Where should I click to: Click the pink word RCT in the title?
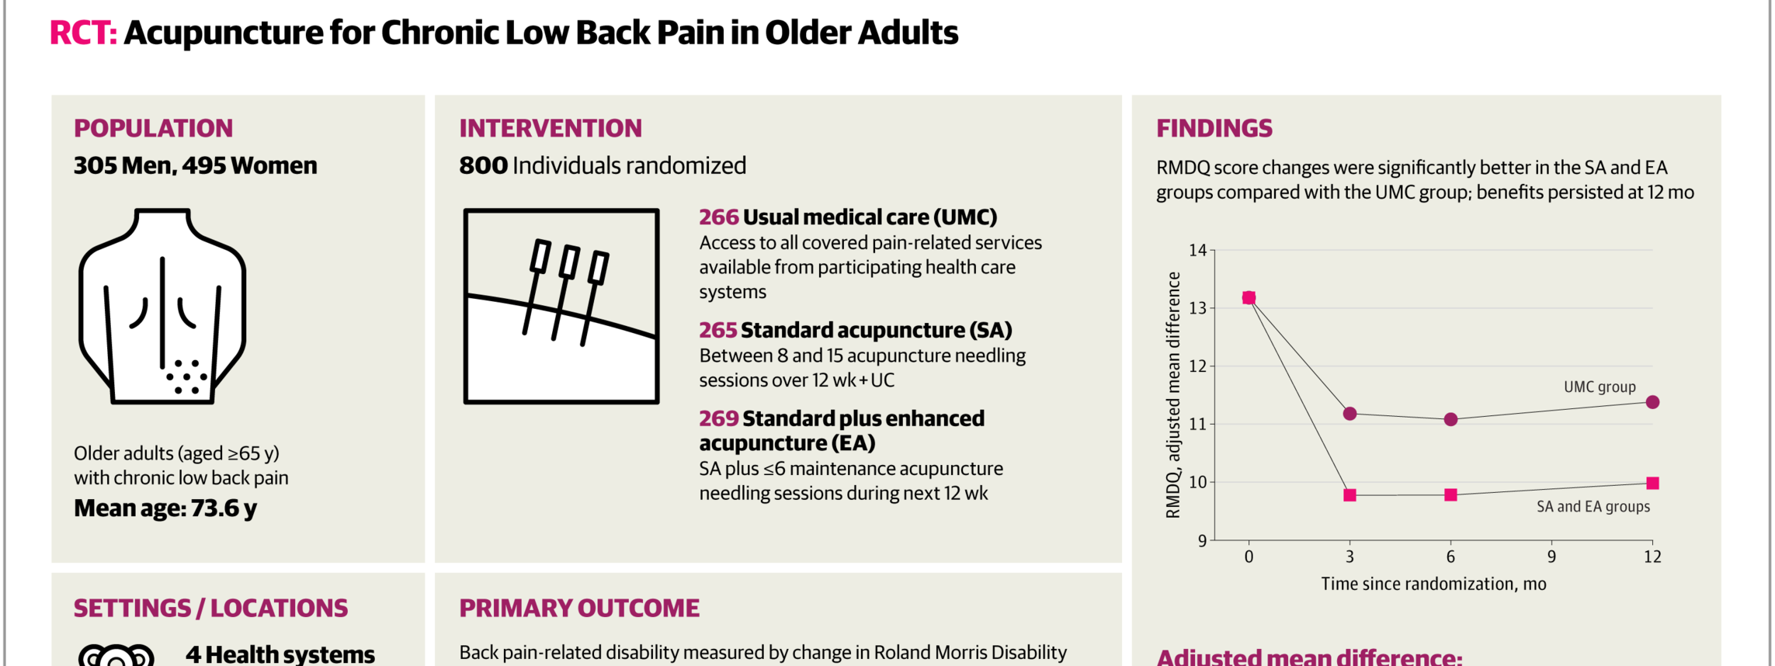(83, 33)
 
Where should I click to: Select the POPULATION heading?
(153, 128)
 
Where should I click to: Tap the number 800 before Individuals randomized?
(483, 165)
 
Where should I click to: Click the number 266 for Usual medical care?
(718, 217)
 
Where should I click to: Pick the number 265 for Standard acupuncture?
(717, 330)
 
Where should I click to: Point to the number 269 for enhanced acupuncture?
(718, 418)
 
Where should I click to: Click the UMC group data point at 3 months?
(1349, 414)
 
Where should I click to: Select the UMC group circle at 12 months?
(1652, 402)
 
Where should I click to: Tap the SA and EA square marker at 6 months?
(1450, 494)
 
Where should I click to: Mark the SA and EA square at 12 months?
(1652, 483)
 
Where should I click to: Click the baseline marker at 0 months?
(1249, 298)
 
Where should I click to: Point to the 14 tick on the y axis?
(1198, 250)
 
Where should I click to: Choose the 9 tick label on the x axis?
(1551, 557)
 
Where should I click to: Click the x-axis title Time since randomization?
(1433, 584)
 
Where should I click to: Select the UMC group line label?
(1600, 387)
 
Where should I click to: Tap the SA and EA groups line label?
(1593, 507)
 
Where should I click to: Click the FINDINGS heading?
(1214, 128)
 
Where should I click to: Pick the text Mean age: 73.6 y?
(165, 508)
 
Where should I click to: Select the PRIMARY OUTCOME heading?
(579, 608)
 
